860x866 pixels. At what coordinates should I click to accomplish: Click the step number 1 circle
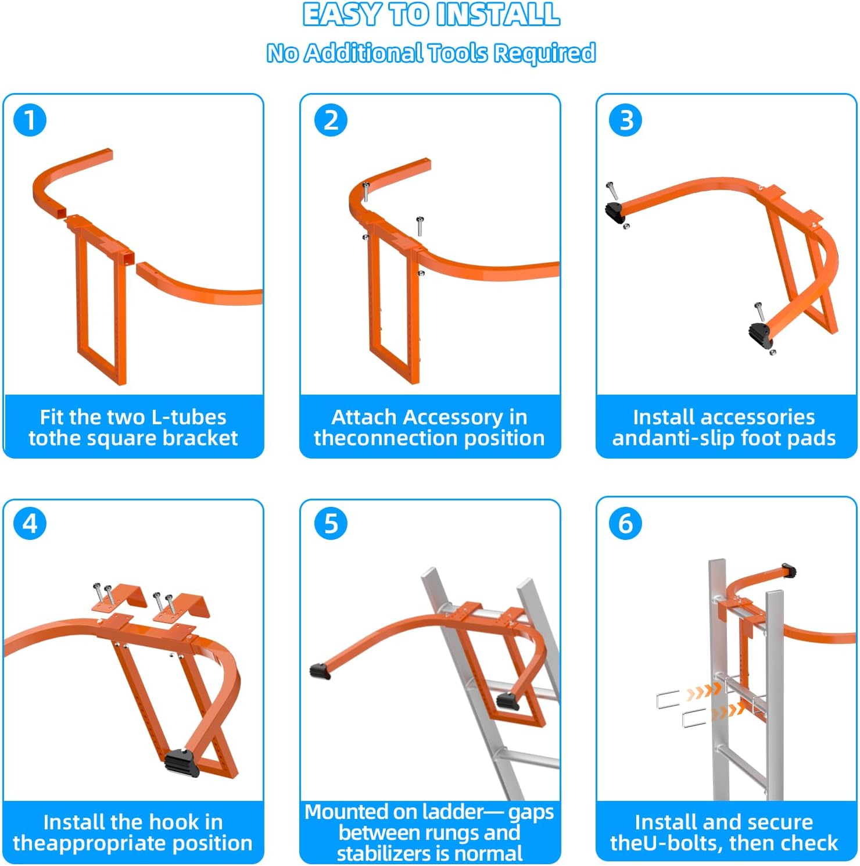(30, 120)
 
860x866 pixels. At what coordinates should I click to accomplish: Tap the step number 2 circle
(331, 120)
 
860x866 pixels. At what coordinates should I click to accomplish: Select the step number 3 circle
(625, 120)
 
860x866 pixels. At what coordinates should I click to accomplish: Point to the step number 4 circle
(30, 523)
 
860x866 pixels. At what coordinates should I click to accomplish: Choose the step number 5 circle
(331, 523)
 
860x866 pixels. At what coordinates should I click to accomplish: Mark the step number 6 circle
(625, 523)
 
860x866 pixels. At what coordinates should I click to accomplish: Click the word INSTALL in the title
(497, 15)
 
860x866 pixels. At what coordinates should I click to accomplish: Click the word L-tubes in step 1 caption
(188, 417)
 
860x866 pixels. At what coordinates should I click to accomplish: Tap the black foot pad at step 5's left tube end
(320, 671)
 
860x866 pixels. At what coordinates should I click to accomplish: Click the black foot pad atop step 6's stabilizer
(789, 570)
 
